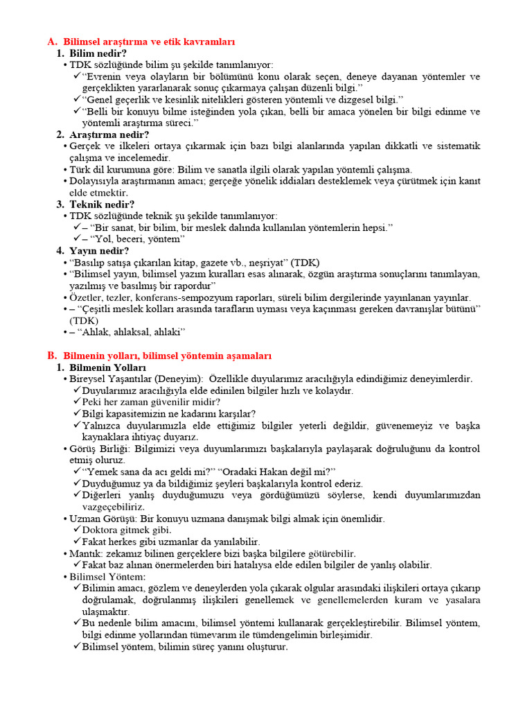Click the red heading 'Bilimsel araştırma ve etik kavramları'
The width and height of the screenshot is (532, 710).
pyautogui.click(x=150, y=42)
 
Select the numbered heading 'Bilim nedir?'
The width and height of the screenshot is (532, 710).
pyautogui.click(x=98, y=53)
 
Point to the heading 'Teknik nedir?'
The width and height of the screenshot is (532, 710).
pyautogui.click(x=102, y=204)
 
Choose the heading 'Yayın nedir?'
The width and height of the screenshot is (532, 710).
pyautogui.click(x=98, y=250)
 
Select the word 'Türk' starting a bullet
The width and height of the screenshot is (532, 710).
pyautogui.click(x=80, y=169)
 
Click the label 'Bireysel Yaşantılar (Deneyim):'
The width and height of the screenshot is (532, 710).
pyautogui.click(x=136, y=379)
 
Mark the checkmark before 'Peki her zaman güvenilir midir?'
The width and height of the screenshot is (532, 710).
pyautogui.click(x=77, y=402)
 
